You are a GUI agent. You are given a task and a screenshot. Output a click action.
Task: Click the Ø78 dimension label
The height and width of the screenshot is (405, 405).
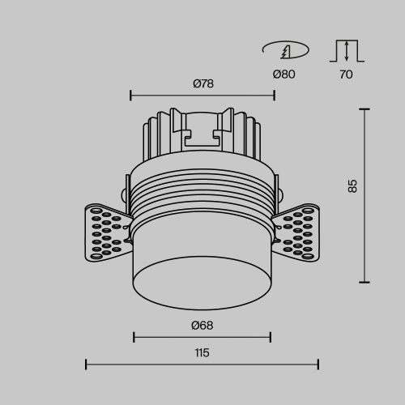pyautogui.click(x=203, y=84)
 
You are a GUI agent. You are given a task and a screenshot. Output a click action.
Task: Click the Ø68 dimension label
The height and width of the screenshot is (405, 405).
pyautogui.click(x=202, y=326)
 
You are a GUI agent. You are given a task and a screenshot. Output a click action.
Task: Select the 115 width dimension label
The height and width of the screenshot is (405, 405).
pyautogui.click(x=202, y=352)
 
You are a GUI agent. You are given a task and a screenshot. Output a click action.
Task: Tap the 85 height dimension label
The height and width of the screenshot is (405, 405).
pyautogui.click(x=352, y=185)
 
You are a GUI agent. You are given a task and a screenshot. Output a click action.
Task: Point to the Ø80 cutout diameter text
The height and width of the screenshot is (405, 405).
pyautogui.click(x=284, y=74)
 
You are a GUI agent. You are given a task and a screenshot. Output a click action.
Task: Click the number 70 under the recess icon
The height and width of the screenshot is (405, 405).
pyautogui.click(x=347, y=74)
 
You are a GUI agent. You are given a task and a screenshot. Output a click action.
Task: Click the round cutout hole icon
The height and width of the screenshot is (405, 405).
pyautogui.click(x=285, y=51)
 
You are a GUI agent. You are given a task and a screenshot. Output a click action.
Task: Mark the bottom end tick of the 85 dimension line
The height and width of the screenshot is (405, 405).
pyautogui.click(x=364, y=282)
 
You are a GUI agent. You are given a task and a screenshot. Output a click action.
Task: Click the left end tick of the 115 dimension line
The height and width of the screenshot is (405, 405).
pyautogui.click(x=86, y=364)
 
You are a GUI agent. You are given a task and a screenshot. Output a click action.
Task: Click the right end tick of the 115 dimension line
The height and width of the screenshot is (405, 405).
pyautogui.click(x=318, y=364)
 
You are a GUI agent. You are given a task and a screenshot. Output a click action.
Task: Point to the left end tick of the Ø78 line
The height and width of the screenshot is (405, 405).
pyautogui.click(x=130, y=96)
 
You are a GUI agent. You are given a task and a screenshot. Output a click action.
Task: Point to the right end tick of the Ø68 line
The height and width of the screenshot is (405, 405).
pyautogui.click(x=271, y=338)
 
